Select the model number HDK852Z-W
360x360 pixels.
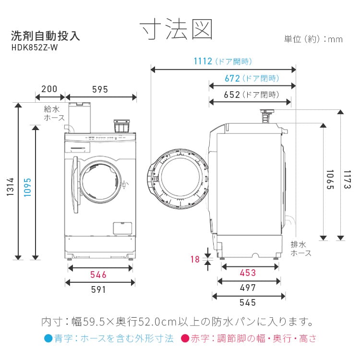(x=36, y=47)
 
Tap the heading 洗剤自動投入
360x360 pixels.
(x=45, y=36)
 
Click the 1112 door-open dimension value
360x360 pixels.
(x=203, y=61)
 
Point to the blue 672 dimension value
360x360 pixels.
(x=232, y=78)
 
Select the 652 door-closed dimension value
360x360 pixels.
(x=232, y=95)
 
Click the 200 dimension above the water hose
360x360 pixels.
(x=49, y=89)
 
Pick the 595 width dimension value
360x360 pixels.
(x=100, y=89)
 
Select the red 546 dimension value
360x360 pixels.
(x=98, y=275)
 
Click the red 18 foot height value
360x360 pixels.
(x=195, y=259)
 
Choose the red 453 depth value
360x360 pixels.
(x=248, y=273)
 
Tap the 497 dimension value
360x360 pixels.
(x=248, y=288)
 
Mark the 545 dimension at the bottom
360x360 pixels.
(x=248, y=302)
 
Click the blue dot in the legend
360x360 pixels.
(x=48, y=339)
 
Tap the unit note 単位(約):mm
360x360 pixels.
(x=313, y=39)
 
